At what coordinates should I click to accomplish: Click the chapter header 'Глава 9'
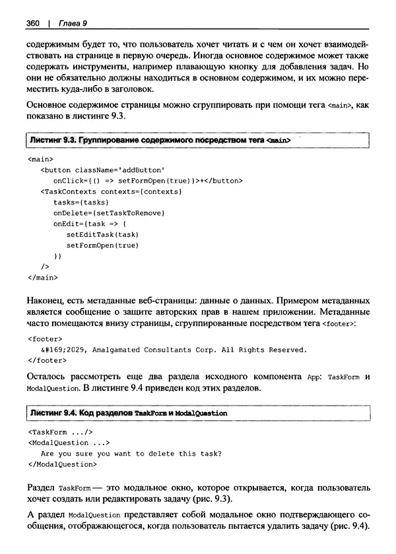tap(73, 24)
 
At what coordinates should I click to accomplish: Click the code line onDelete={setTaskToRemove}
tap(108, 213)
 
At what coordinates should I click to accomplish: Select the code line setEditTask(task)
tap(102, 234)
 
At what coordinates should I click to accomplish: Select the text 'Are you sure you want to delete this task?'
tap(131, 453)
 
